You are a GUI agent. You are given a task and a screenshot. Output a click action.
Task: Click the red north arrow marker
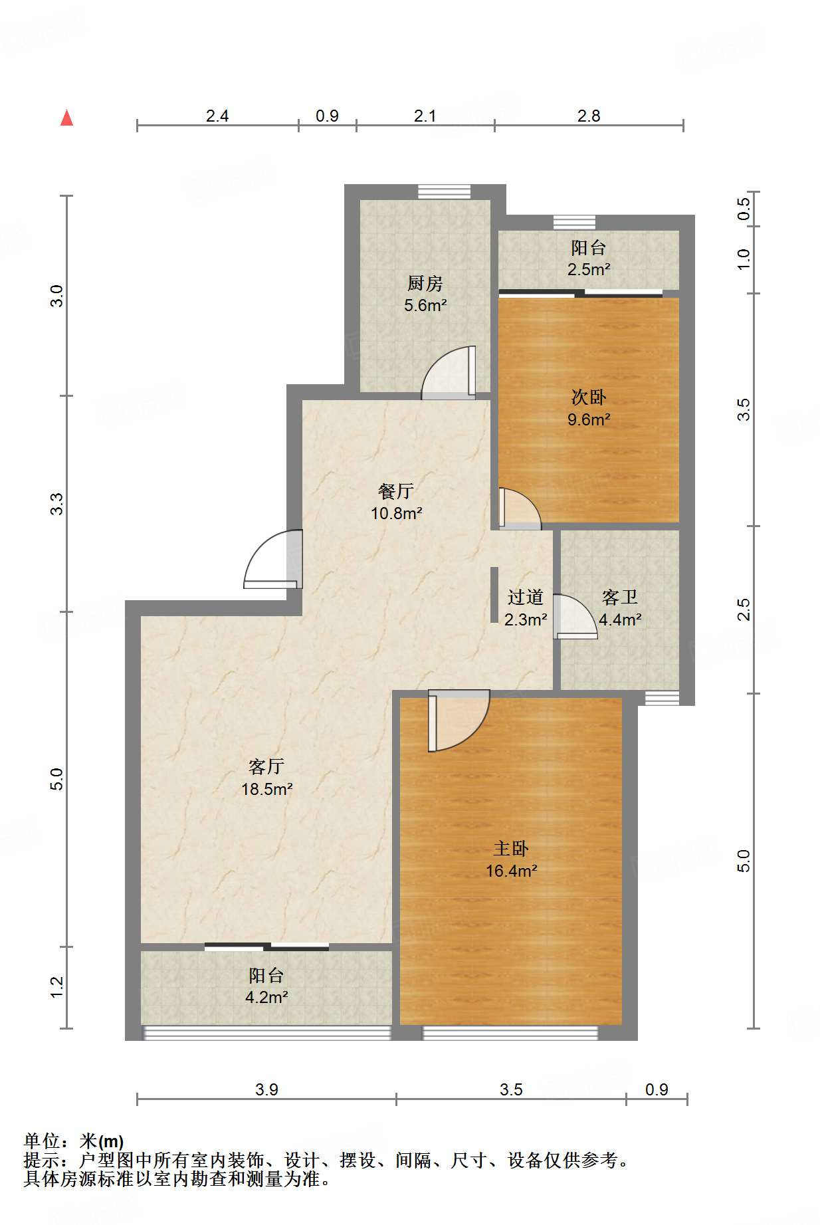(x=66, y=118)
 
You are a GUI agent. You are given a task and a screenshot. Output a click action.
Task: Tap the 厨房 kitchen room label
(x=425, y=284)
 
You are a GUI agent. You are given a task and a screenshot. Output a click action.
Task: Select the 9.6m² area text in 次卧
(x=589, y=419)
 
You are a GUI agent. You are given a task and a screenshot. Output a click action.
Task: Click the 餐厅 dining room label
(x=396, y=491)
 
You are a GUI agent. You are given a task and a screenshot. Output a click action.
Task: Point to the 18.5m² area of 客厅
(x=266, y=789)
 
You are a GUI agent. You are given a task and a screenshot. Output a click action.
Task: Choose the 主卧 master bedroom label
(x=511, y=848)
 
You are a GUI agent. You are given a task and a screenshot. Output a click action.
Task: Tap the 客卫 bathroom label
(x=620, y=597)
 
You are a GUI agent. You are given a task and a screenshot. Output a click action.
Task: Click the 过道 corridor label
(x=525, y=597)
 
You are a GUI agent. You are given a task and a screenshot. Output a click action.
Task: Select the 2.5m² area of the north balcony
(x=589, y=269)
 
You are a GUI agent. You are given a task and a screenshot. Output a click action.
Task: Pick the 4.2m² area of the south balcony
(x=266, y=997)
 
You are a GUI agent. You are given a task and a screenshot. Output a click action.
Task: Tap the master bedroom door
(x=459, y=721)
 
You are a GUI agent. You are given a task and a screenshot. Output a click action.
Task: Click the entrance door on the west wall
(x=273, y=559)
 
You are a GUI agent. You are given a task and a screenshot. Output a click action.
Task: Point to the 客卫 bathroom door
(x=575, y=617)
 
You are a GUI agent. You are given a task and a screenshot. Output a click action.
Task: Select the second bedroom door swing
(x=520, y=509)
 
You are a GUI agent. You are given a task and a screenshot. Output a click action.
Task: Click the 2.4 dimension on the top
(x=217, y=116)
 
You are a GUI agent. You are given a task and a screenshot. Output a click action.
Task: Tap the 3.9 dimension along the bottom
(x=266, y=1089)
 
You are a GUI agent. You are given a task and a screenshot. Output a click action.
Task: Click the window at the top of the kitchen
(x=445, y=191)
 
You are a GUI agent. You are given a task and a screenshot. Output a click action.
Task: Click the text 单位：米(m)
(x=74, y=1141)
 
